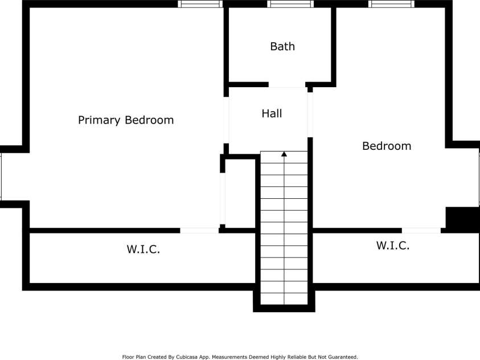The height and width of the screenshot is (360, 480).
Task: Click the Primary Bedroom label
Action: point(125,120)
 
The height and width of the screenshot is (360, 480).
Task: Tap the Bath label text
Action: point(282,47)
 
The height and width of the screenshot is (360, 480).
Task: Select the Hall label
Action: point(272,114)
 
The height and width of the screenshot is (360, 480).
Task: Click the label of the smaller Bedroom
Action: point(387,146)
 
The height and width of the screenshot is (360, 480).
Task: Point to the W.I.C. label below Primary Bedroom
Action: point(142,249)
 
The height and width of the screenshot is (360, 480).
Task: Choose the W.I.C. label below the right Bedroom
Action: point(393,246)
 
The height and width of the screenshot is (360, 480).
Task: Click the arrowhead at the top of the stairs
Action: point(284,154)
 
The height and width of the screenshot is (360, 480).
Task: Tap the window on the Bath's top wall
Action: point(290,4)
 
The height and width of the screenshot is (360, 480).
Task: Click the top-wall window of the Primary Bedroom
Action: point(199,4)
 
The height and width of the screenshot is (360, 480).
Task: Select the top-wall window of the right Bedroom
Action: point(391,4)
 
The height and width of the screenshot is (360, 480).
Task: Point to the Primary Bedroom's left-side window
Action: point(1,176)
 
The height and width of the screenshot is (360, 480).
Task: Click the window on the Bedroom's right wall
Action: point(478,176)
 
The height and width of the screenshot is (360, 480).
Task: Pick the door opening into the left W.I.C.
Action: point(199,230)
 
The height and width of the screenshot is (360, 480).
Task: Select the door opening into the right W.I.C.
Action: point(421,230)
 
